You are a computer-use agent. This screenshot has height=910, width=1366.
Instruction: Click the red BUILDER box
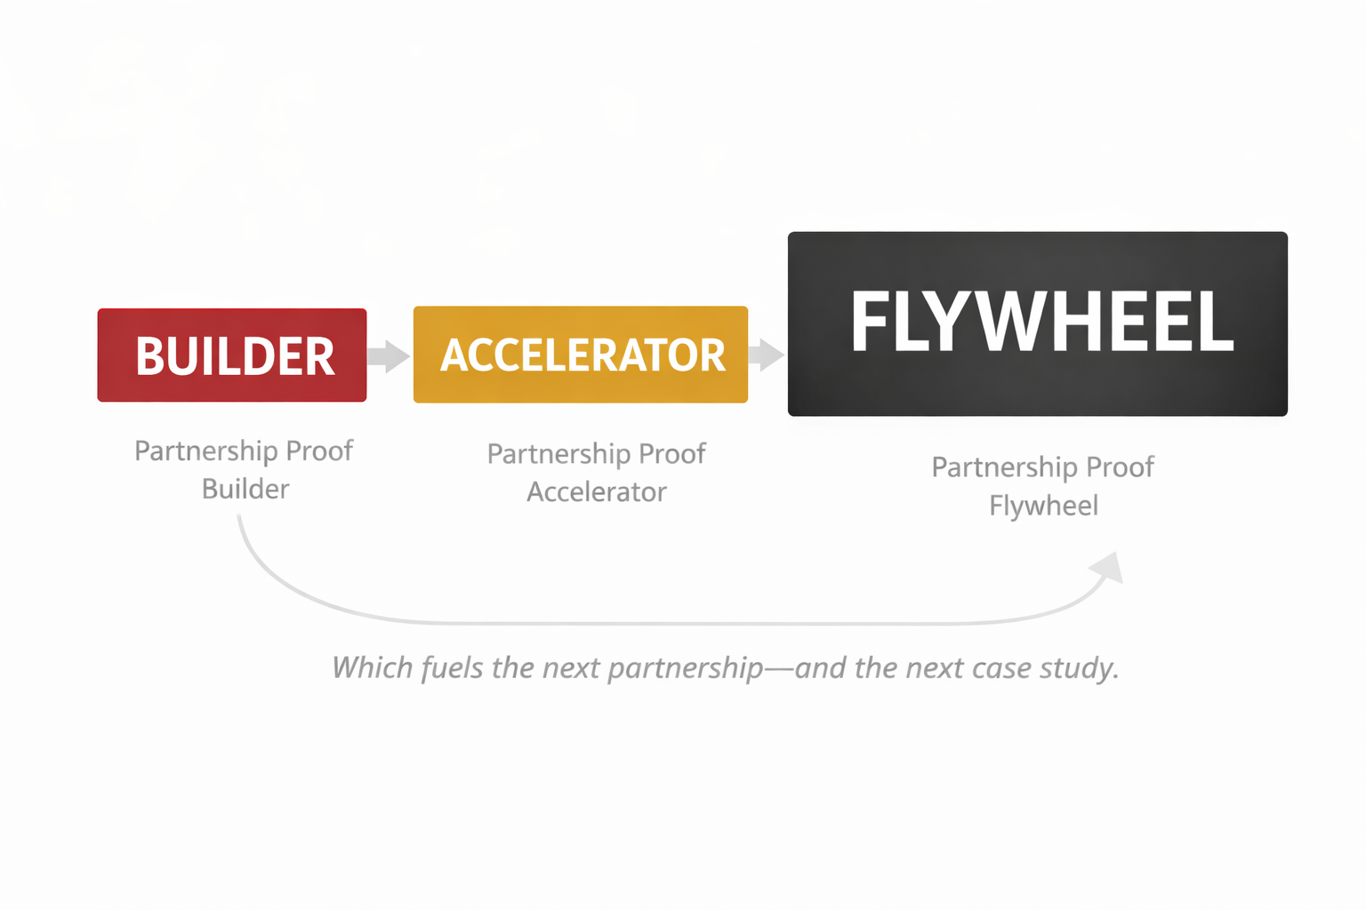tap(232, 355)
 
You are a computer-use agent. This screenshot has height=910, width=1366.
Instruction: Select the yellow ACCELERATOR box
tap(580, 355)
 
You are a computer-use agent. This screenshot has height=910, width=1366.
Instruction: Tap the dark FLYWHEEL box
tap(1037, 323)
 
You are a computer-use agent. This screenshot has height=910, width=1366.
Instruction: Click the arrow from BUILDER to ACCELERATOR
tap(389, 356)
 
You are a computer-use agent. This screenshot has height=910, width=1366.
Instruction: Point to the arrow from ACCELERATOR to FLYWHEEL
tap(767, 355)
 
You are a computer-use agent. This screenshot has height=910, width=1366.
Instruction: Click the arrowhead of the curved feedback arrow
tap(1109, 568)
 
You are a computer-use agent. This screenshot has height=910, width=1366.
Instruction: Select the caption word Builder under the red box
tap(245, 489)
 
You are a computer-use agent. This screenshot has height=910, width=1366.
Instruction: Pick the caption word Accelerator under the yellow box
tap(597, 492)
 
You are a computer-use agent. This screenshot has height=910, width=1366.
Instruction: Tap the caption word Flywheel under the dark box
tap(1043, 506)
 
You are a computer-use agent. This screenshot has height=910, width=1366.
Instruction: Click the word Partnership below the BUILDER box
tap(206, 451)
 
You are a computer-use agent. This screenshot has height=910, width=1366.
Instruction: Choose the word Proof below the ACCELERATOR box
tap(672, 454)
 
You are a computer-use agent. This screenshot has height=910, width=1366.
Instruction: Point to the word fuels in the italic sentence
tap(453, 667)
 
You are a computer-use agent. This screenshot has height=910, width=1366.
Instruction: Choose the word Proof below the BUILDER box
tap(319, 451)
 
